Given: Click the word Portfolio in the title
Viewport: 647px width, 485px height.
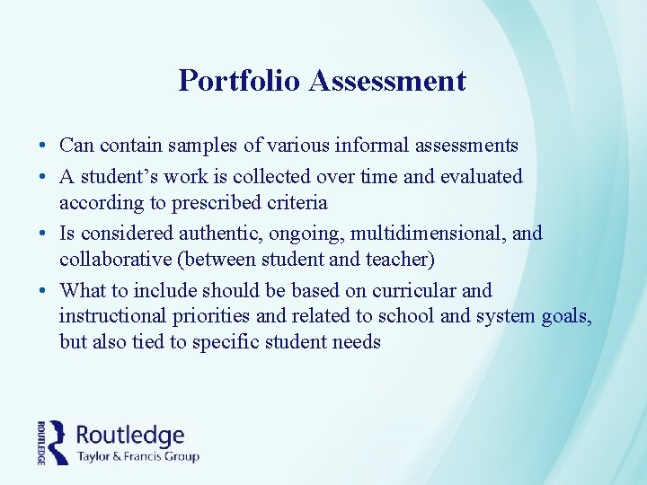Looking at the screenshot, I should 239,81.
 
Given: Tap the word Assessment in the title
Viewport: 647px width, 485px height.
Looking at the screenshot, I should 387,81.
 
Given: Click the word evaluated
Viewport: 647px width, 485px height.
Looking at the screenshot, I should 483,177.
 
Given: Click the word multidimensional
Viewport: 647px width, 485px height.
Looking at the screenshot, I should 429,234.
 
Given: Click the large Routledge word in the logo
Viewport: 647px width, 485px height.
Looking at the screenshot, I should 130,436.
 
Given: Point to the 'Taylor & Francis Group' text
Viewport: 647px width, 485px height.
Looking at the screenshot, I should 137,456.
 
